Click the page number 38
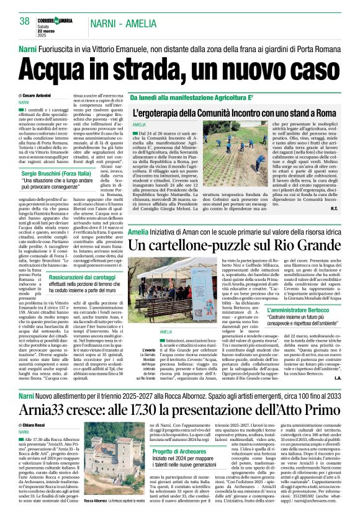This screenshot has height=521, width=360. point(25,21)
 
